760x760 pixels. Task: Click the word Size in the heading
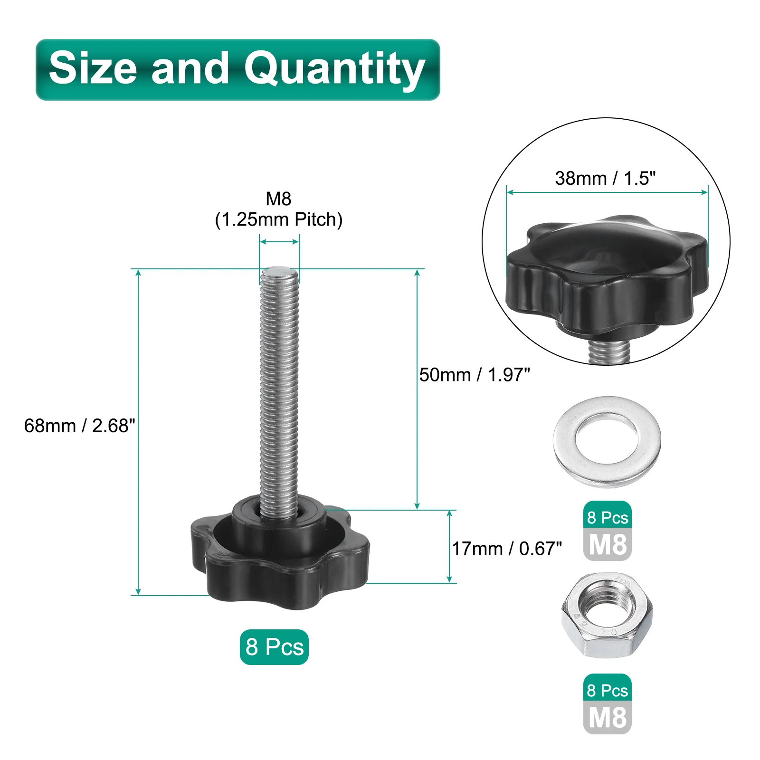tap(93, 68)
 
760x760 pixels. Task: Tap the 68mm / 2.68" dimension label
tap(79, 426)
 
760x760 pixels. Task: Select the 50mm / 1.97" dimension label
tap(474, 375)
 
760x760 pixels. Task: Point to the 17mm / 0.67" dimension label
tap(507, 549)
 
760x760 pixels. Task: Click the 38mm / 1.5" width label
tap(605, 179)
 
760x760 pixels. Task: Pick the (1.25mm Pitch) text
tap(279, 219)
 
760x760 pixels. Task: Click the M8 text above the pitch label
tap(278, 199)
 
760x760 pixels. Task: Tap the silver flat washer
tap(607, 442)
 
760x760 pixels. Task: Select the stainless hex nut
tap(607, 616)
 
